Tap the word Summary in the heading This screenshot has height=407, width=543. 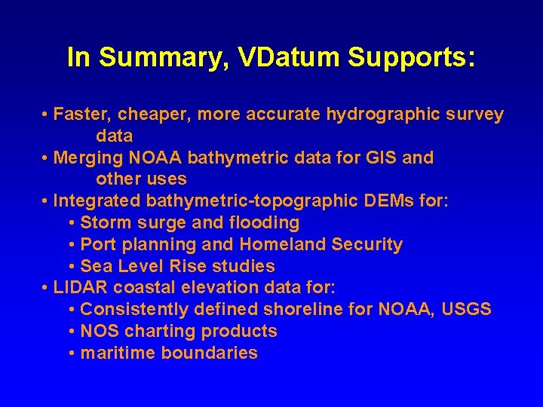coord(149,58)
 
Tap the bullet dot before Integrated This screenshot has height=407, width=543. coord(47,202)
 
